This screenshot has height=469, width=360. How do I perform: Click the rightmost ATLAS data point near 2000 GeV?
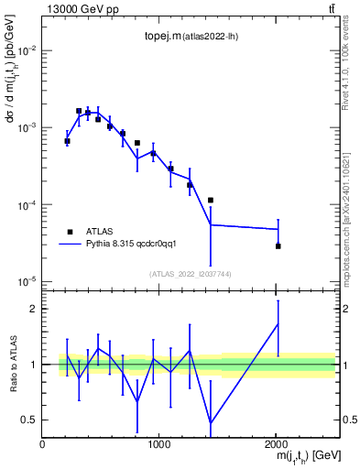pyautogui.click(x=278, y=245)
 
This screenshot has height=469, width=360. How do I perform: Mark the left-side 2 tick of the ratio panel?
pyautogui.click(x=33, y=309)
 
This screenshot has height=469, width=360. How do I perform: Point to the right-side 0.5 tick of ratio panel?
pyautogui.click(x=348, y=420)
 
